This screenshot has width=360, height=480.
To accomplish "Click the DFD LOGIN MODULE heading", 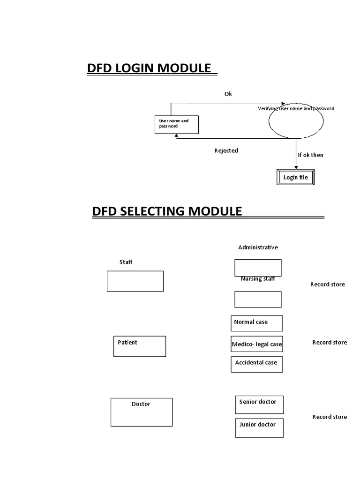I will click(149, 68).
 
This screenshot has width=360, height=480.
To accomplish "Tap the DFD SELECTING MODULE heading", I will click(167, 211).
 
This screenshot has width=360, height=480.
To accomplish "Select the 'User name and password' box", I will click(177, 124).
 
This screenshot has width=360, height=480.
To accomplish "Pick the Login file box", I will click(295, 178).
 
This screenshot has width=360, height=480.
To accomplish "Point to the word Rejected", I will click(226, 150).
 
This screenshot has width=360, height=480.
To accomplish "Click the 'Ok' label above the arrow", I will click(228, 94).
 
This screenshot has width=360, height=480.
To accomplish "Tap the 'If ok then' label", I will click(310, 155).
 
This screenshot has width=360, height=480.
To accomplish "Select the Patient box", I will click(139, 346).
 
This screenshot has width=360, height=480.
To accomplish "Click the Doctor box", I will click(141, 412).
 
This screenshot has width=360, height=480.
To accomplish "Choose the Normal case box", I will click(257, 323).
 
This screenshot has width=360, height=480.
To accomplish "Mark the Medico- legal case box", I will click(257, 345).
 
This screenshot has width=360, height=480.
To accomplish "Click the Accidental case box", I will click(257, 364).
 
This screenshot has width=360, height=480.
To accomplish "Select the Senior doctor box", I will click(259, 405).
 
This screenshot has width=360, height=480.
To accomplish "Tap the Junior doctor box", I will click(259, 427).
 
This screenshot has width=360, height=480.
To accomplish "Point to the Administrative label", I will click(258, 247).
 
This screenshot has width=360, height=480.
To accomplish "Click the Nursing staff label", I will click(258, 279).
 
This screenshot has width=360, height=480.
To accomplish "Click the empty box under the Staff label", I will click(135, 281).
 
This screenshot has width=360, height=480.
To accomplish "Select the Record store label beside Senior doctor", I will click(330, 417).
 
